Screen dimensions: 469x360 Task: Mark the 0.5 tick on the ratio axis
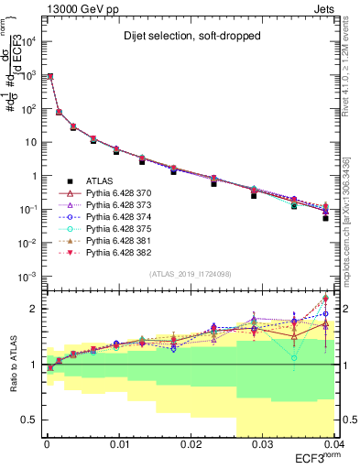(x=29, y=420)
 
